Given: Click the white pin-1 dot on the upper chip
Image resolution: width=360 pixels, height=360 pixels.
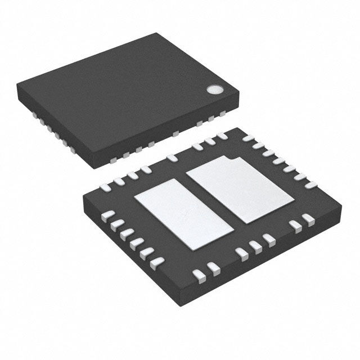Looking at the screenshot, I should click(x=214, y=89).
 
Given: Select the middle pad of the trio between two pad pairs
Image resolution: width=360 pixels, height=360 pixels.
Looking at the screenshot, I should click(x=256, y=245).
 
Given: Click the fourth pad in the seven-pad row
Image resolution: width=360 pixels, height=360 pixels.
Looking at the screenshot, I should click(x=276, y=160).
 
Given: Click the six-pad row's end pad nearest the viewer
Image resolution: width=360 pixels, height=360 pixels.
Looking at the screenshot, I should click(x=158, y=262).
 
